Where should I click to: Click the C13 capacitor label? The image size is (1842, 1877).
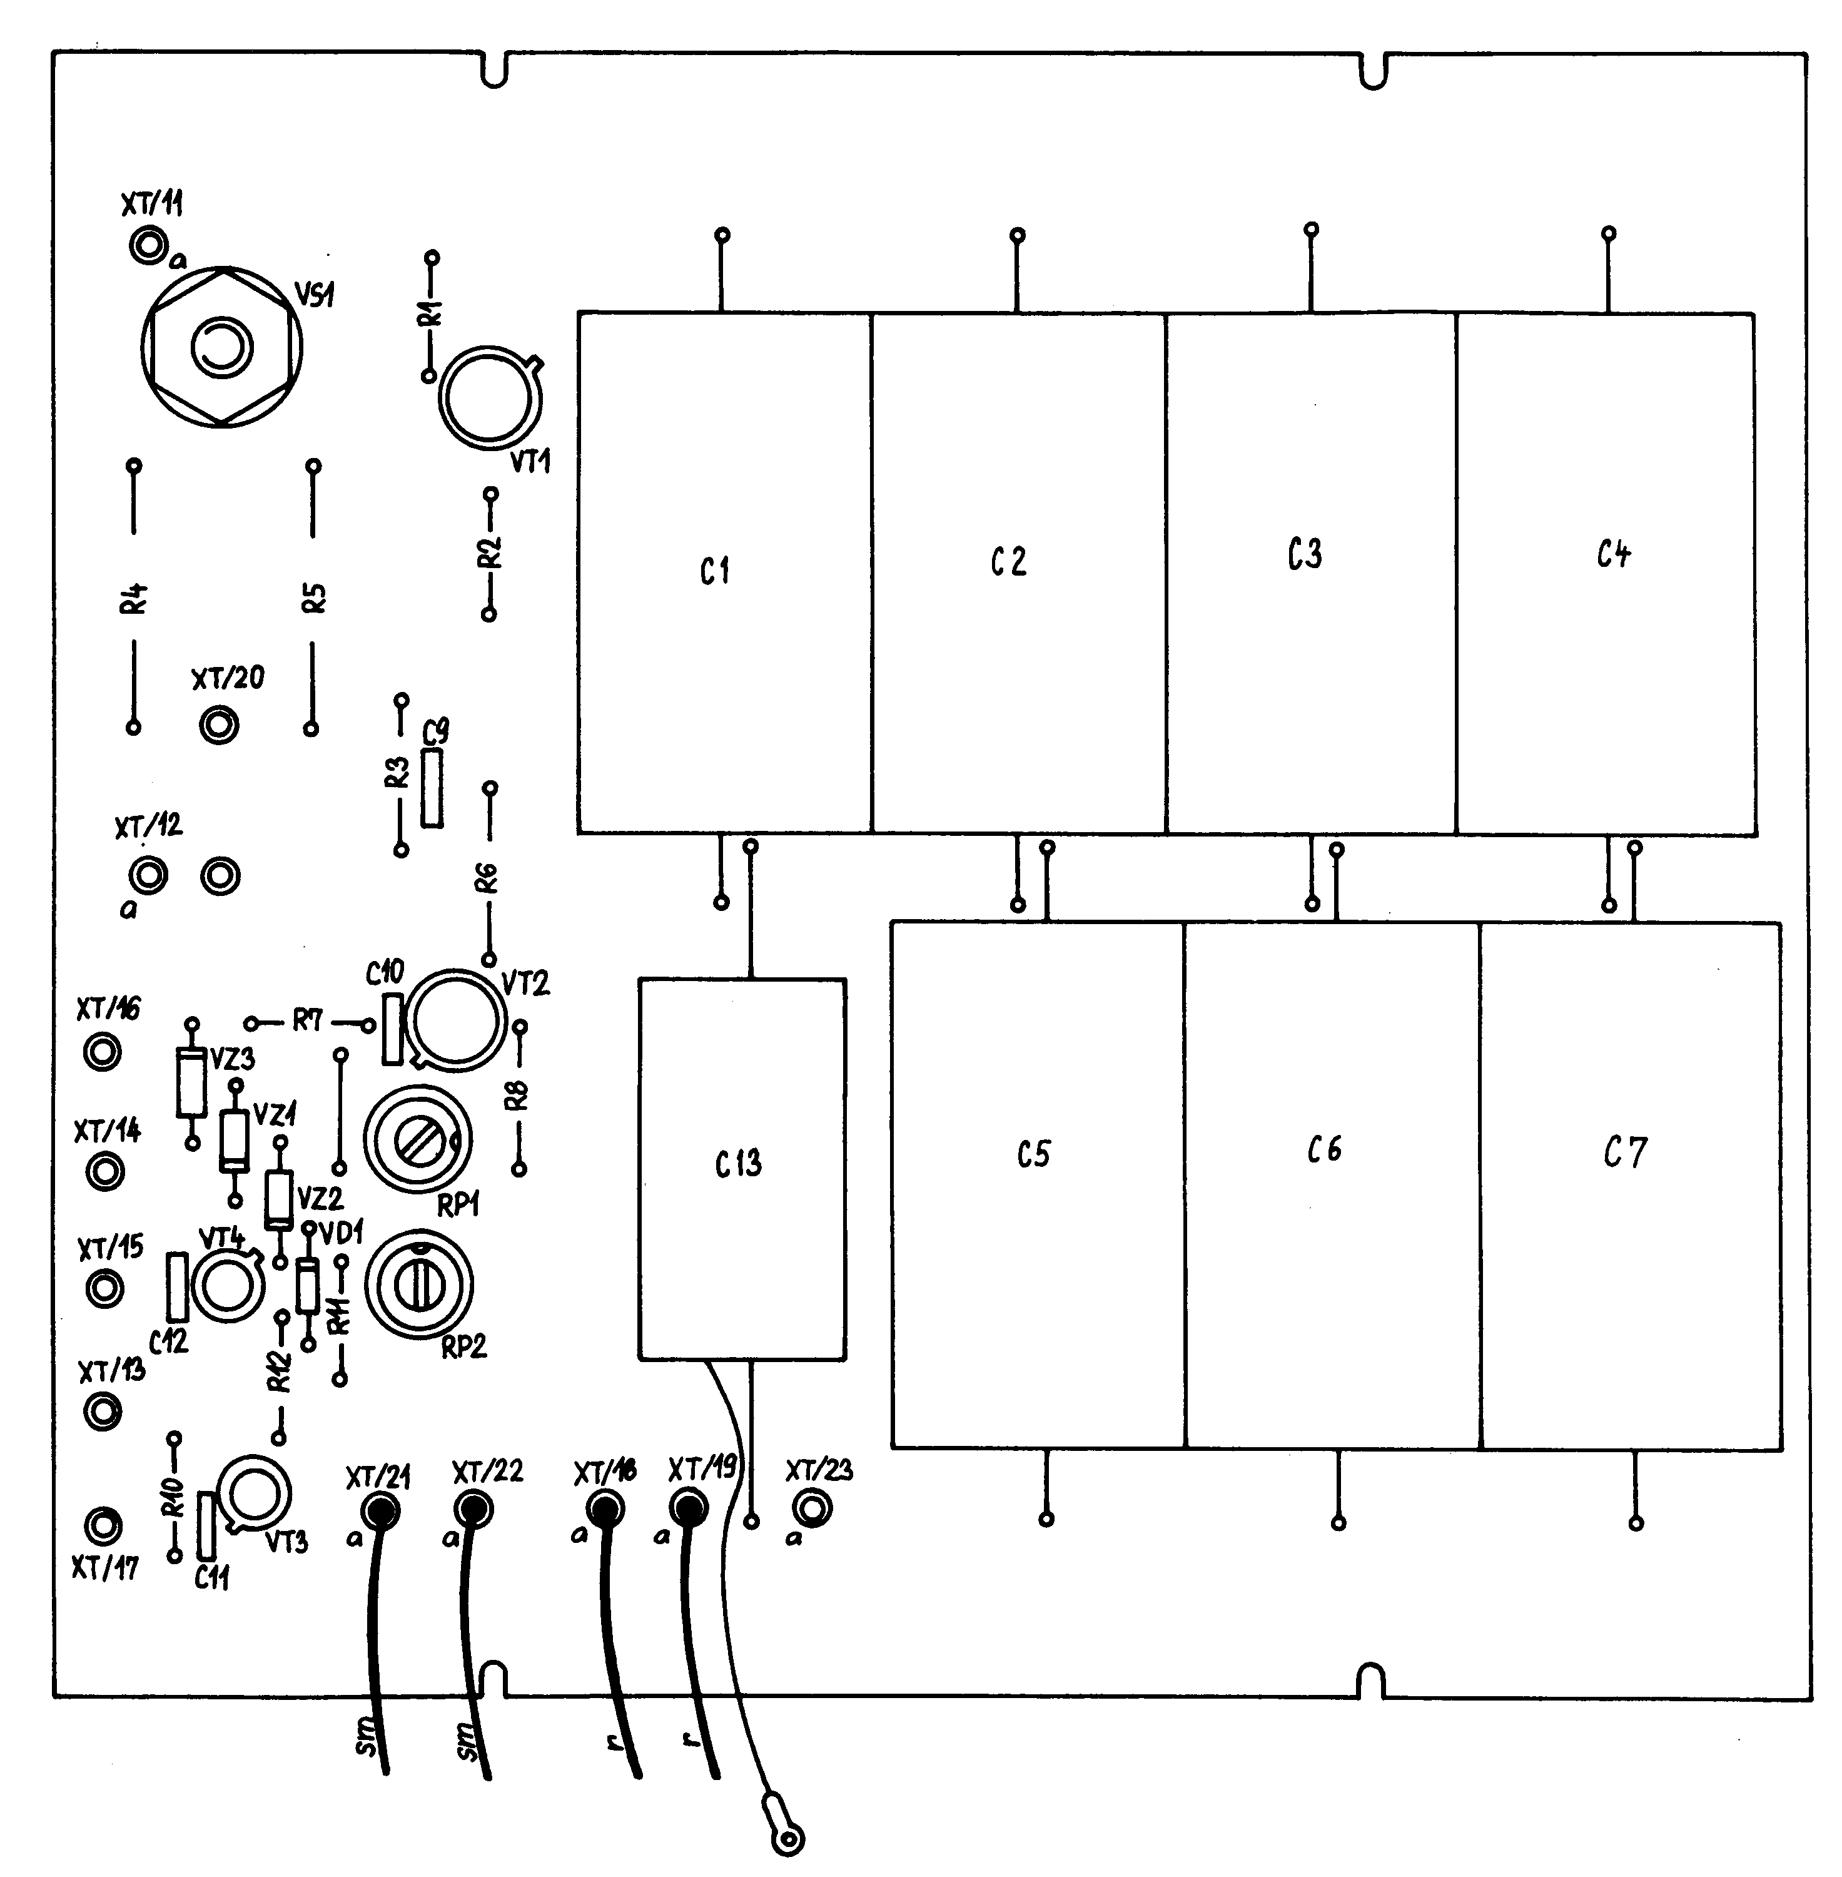pos(738,1163)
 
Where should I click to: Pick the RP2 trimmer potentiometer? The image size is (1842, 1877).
pos(419,1286)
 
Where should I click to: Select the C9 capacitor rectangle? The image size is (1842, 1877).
pos(433,788)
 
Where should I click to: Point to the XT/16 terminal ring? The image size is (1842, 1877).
pos(103,1050)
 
